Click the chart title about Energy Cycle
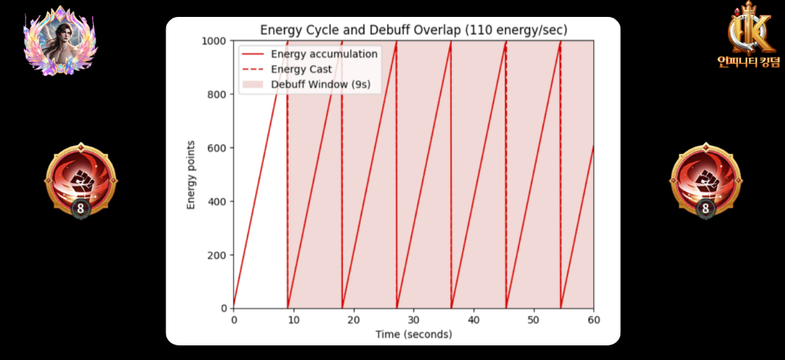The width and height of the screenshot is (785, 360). point(413,30)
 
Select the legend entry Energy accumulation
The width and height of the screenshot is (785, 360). point(324,54)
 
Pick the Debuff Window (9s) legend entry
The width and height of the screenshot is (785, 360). point(326,84)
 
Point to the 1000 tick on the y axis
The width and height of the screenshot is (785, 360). point(215,41)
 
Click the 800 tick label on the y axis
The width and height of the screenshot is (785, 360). point(218,95)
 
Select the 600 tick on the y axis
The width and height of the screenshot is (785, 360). point(218,148)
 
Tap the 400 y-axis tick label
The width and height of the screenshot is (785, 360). point(218,202)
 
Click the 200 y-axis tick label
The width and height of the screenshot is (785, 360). point(218,255)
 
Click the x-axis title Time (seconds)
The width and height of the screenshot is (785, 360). point(413,335)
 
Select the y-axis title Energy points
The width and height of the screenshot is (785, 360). point(191,175)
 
